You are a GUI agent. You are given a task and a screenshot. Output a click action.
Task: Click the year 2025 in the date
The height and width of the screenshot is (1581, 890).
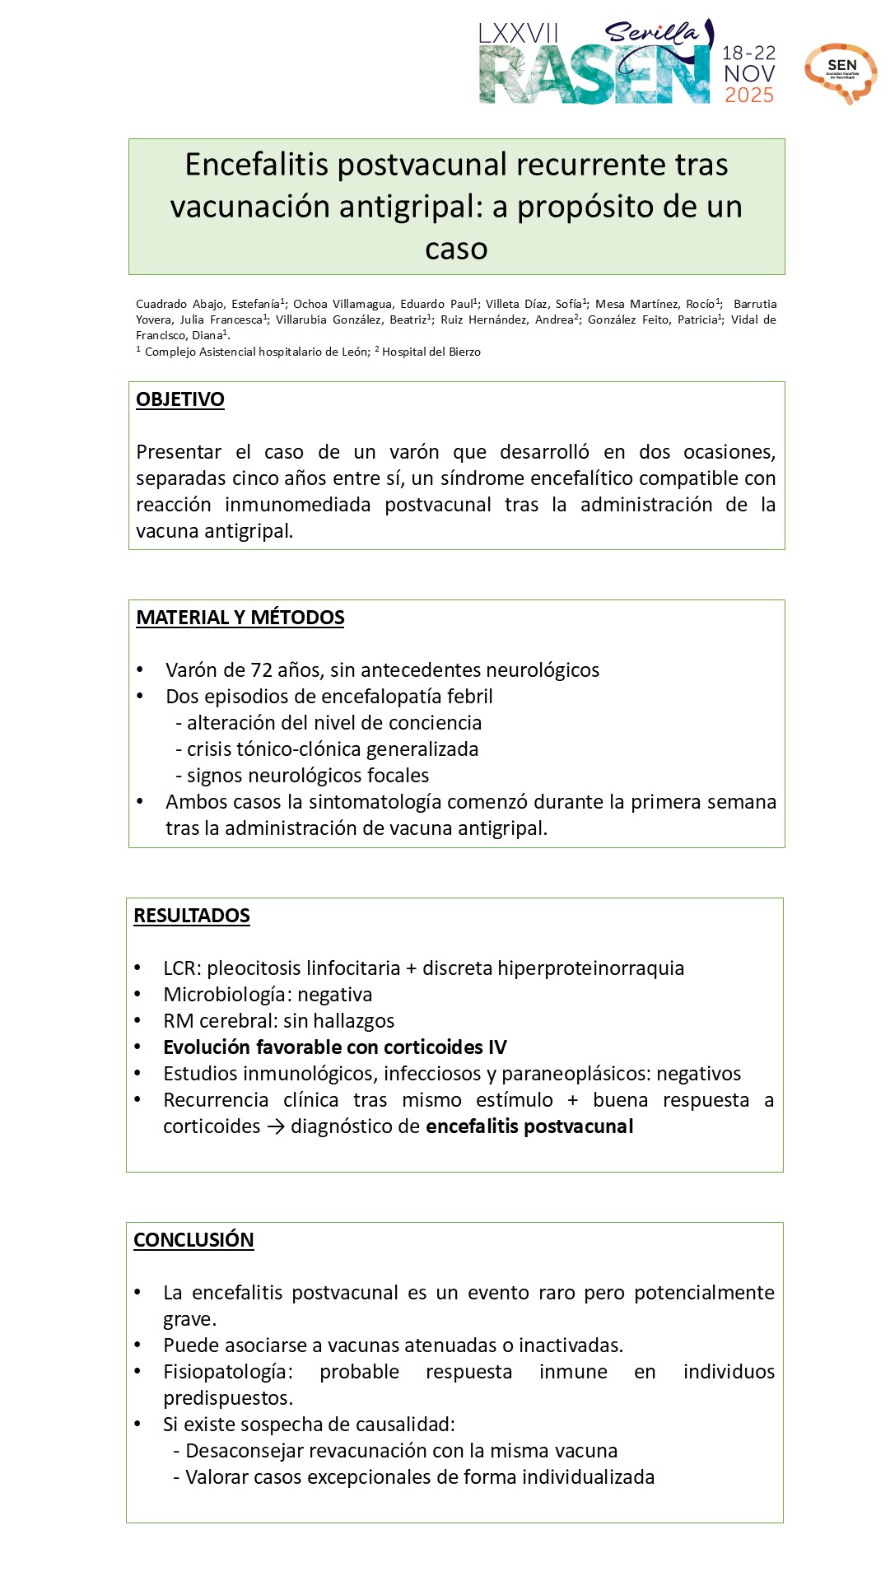[748, 95]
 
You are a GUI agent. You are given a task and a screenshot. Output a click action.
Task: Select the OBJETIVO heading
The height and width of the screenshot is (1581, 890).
[180, 399]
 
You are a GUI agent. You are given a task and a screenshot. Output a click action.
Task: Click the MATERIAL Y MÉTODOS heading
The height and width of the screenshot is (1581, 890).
[240, 618]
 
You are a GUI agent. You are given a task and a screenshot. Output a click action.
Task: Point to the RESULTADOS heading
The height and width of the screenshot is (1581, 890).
[192, 916]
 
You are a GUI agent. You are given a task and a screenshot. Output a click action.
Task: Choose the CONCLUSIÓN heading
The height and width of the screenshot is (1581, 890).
[193, 1240]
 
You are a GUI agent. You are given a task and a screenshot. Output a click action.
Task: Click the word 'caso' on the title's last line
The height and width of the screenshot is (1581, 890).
[456, 248]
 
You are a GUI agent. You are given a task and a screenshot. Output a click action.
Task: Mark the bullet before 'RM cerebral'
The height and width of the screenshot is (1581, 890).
[137, 1021]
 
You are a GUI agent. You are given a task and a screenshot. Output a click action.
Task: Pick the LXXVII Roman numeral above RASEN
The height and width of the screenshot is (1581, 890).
[519, 34]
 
